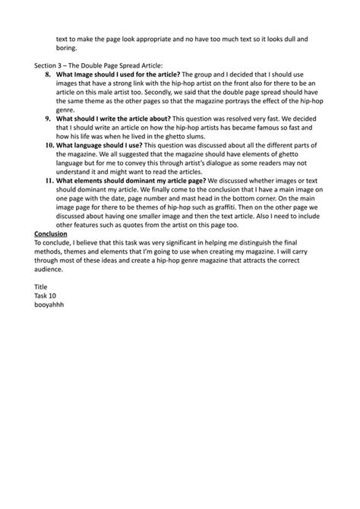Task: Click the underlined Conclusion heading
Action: (51, 233)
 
